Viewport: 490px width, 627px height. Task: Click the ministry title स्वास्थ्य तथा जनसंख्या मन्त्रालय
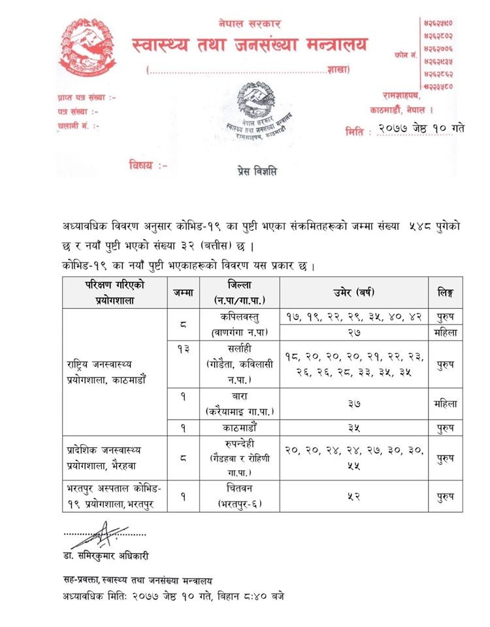pyautogui.click(x=250, y=45)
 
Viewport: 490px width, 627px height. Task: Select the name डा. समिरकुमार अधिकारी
pyautogui.click(x=106, y=556)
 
